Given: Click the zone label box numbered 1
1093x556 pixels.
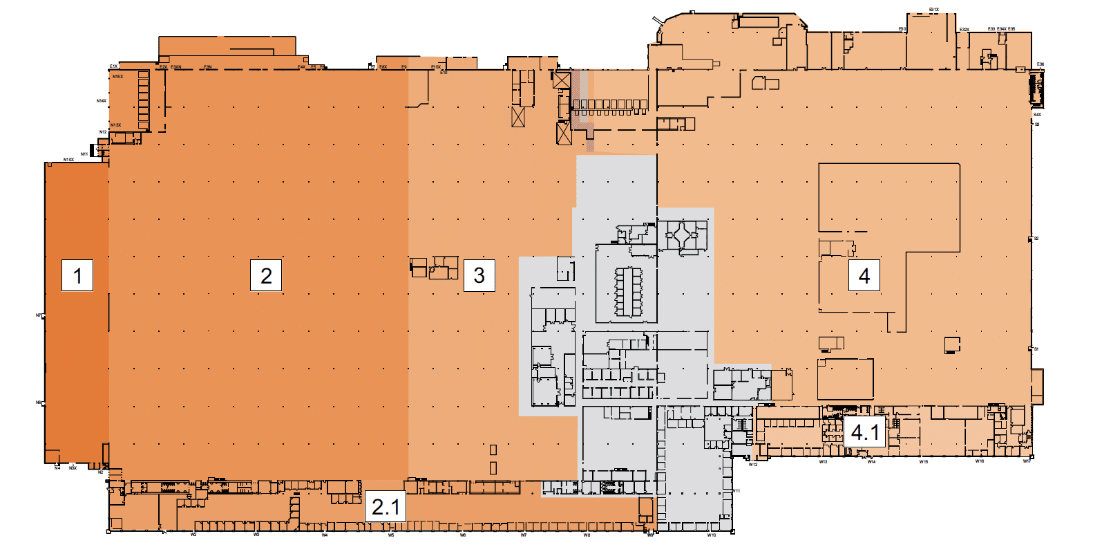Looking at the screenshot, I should coord(77,275).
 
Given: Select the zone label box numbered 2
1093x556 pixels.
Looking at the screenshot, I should coord(266,275).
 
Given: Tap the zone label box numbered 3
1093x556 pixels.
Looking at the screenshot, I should coord(479,275).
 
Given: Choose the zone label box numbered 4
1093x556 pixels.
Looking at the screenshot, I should coord(864,275).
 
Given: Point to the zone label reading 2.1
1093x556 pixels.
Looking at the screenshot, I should coord(386,507).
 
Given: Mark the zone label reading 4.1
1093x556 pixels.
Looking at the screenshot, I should coord(865,433).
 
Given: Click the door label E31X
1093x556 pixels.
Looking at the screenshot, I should coord(933,10).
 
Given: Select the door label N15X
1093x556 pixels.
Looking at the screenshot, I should coord(117,77).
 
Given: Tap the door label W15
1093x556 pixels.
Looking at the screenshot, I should coord(924,462).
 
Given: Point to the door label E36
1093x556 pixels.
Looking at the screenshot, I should coord(1040,64).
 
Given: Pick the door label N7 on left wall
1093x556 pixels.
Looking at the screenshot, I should coord(39,315).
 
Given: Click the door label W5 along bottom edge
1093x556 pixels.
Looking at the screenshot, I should coord(391,535).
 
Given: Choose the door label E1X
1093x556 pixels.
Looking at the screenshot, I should coord(113,66).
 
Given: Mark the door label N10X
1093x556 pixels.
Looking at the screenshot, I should coord(68,160).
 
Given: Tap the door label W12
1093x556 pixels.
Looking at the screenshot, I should coord(753,465).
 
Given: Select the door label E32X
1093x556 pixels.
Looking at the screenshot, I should coord(964,30).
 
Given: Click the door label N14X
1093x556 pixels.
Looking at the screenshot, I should coord(102,101).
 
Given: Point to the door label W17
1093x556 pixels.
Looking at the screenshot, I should coord(1027,461).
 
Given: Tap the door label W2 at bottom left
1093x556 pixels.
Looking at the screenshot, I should coord(193,535).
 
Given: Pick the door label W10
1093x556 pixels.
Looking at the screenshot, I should coord(712,535).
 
